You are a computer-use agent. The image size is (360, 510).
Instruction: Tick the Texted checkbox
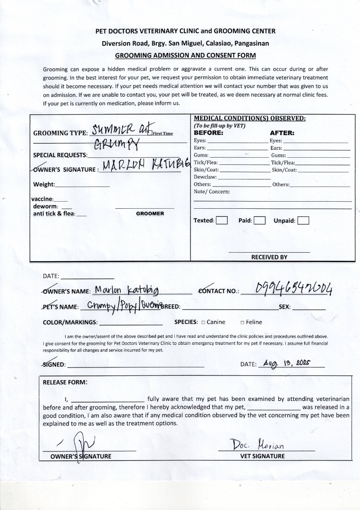click(222, 220)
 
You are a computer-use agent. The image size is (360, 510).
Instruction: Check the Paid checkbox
click(259, 220)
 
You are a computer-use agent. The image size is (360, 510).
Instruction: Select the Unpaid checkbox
click(303, 221)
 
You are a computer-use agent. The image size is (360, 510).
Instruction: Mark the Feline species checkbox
click(242, 323)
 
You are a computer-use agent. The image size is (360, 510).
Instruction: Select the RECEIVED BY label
click(269, 257)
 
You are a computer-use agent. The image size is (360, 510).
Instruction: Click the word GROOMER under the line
click(150, 213)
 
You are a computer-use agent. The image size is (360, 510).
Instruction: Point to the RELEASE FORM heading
click(65, 382)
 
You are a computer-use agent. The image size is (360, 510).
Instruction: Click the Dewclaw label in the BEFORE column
click(204, 177)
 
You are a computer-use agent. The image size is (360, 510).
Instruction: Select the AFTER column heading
click(282, 133)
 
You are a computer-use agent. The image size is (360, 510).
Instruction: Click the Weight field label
click(44, 184)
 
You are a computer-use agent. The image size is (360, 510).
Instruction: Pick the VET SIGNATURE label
click(263, 456)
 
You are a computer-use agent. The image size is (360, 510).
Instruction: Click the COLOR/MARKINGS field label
click(70, 323)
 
